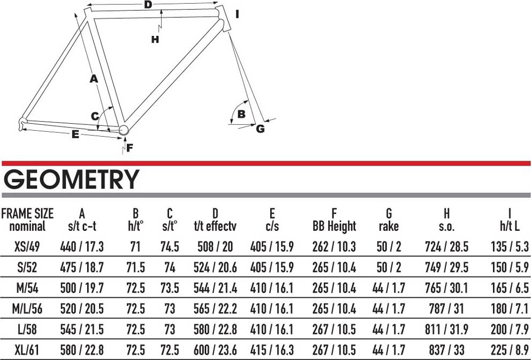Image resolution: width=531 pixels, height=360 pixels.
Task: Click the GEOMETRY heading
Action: coord(71,180)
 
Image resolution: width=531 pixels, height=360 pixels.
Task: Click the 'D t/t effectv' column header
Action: coord(215,220)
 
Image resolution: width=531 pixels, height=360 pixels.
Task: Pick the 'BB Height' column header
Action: coord(334,220)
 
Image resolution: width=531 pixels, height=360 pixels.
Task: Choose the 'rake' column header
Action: coord(389,220)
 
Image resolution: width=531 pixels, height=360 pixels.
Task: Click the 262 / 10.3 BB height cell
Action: coord(334,247)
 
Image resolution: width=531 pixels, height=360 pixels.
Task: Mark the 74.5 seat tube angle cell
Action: coord(170,247)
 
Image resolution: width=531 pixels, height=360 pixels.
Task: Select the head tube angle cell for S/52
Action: coord(135,267)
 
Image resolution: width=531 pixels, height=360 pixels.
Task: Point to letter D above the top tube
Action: coord(148,5)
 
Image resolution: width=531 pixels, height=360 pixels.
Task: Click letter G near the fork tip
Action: coord(260,129)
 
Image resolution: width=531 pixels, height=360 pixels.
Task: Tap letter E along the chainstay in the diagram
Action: coord(75,135)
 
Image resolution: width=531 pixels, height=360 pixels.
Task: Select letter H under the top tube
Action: coord(155,39)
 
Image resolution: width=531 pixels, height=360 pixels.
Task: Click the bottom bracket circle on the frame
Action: coord(124,130)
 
